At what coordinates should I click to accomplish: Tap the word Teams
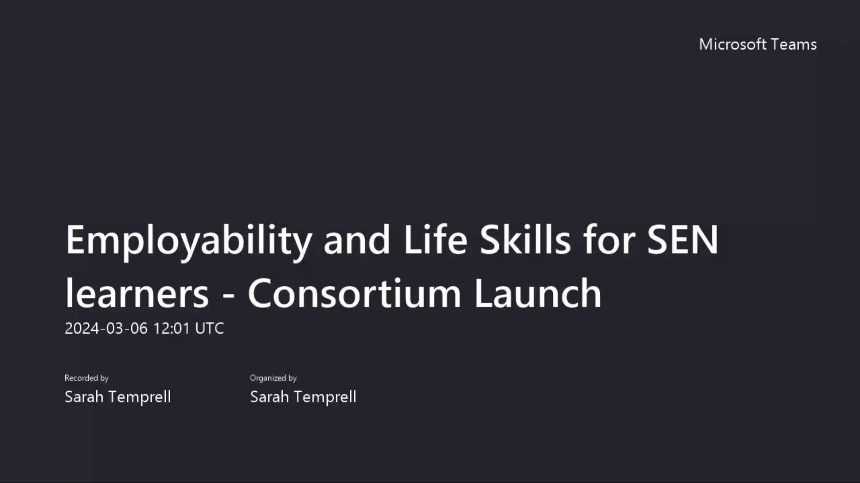coord(794,44)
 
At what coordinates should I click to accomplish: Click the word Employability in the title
coord(189,241)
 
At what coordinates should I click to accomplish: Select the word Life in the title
coord(435,240)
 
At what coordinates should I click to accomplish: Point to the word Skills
coord(525,240)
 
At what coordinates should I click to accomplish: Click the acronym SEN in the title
coord(683,240)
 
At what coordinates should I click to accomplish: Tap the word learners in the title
coord(137,293)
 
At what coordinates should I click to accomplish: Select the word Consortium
coord(354,293)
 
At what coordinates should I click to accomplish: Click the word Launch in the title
coord(538,293)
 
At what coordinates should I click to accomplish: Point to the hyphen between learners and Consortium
coord(228,295)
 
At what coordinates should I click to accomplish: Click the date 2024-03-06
coord(106,328)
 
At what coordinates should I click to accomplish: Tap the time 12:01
coord(172,328)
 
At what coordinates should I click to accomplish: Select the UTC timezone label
coord(210,328)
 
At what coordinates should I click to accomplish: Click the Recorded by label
coord(86,378)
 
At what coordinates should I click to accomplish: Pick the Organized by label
coord(273,378)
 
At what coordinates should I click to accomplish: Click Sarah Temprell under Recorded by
coord(117,397)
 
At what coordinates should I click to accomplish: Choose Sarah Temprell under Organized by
coord(303,397)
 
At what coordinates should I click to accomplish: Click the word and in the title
coord(357,240)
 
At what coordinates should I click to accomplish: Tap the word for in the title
coord(609,240)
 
